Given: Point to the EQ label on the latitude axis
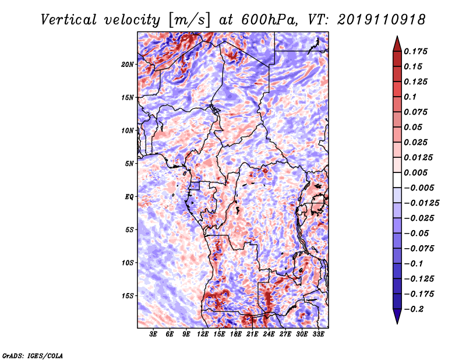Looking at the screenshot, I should tap(129, 197).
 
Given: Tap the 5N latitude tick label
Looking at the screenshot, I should tap(130, 164).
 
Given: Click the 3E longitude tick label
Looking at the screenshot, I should tap(154, 335).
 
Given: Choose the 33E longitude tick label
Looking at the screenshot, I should tap(319, 335).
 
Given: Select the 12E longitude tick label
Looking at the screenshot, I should tap(203, 335).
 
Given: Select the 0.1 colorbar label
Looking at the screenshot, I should tap(411, 97).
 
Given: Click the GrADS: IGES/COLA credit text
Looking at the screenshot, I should tap(33, 355).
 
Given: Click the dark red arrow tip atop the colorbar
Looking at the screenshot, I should tap(396, 43).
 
